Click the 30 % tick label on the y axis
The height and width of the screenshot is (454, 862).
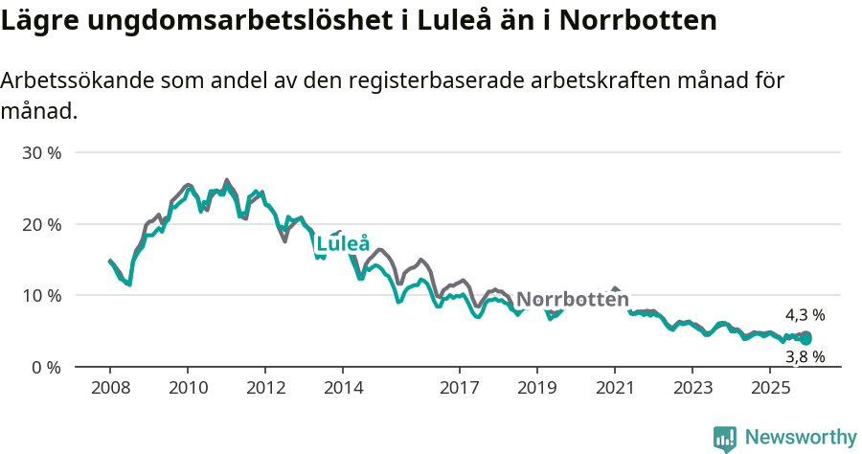[x=40, y=153]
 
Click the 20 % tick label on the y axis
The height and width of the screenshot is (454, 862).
[x=40, y=224]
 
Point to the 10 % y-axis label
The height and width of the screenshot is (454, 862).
[x=40, y=296]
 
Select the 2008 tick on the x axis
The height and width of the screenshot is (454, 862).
[x=109, y=388]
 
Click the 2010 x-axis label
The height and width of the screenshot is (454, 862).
[x=187, y=388]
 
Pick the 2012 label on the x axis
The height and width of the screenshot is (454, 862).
[x=265, y=388]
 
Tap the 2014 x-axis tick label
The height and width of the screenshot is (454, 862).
[x=343, y=388]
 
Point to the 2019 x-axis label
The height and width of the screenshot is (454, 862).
[x=536, y=388]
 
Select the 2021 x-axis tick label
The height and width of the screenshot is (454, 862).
[x=614, y=388]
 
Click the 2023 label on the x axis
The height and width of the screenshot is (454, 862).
[x=692, y=388]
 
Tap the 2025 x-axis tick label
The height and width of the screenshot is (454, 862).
[x=770, y=388]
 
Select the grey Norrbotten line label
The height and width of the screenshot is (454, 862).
[x=572, y=300]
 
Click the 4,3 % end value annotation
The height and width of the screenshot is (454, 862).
[x=805, y=315]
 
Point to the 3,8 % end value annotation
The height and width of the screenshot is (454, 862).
[x=805, y=357]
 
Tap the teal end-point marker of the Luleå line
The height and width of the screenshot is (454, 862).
[x=806, y=339]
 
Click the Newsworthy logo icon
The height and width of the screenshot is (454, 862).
[x=725, y=439]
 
